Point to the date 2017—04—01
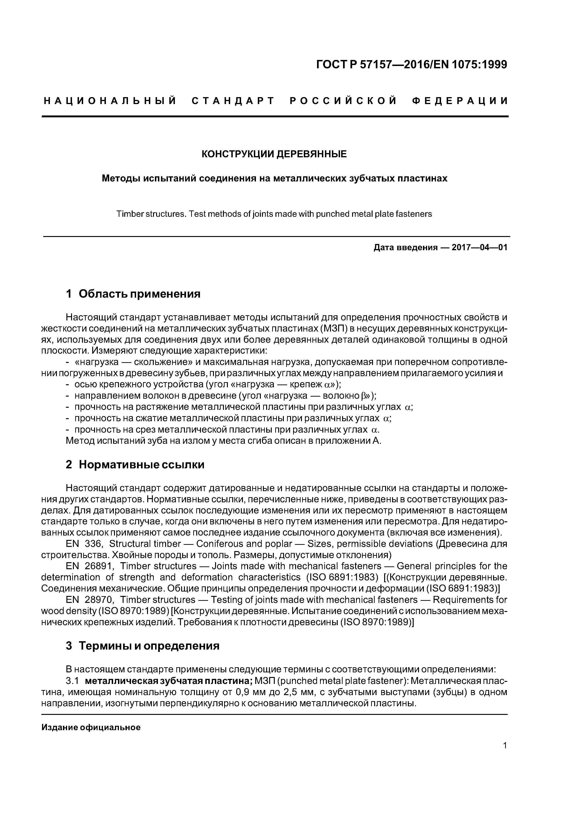point(479,247)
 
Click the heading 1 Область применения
point(133,294)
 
